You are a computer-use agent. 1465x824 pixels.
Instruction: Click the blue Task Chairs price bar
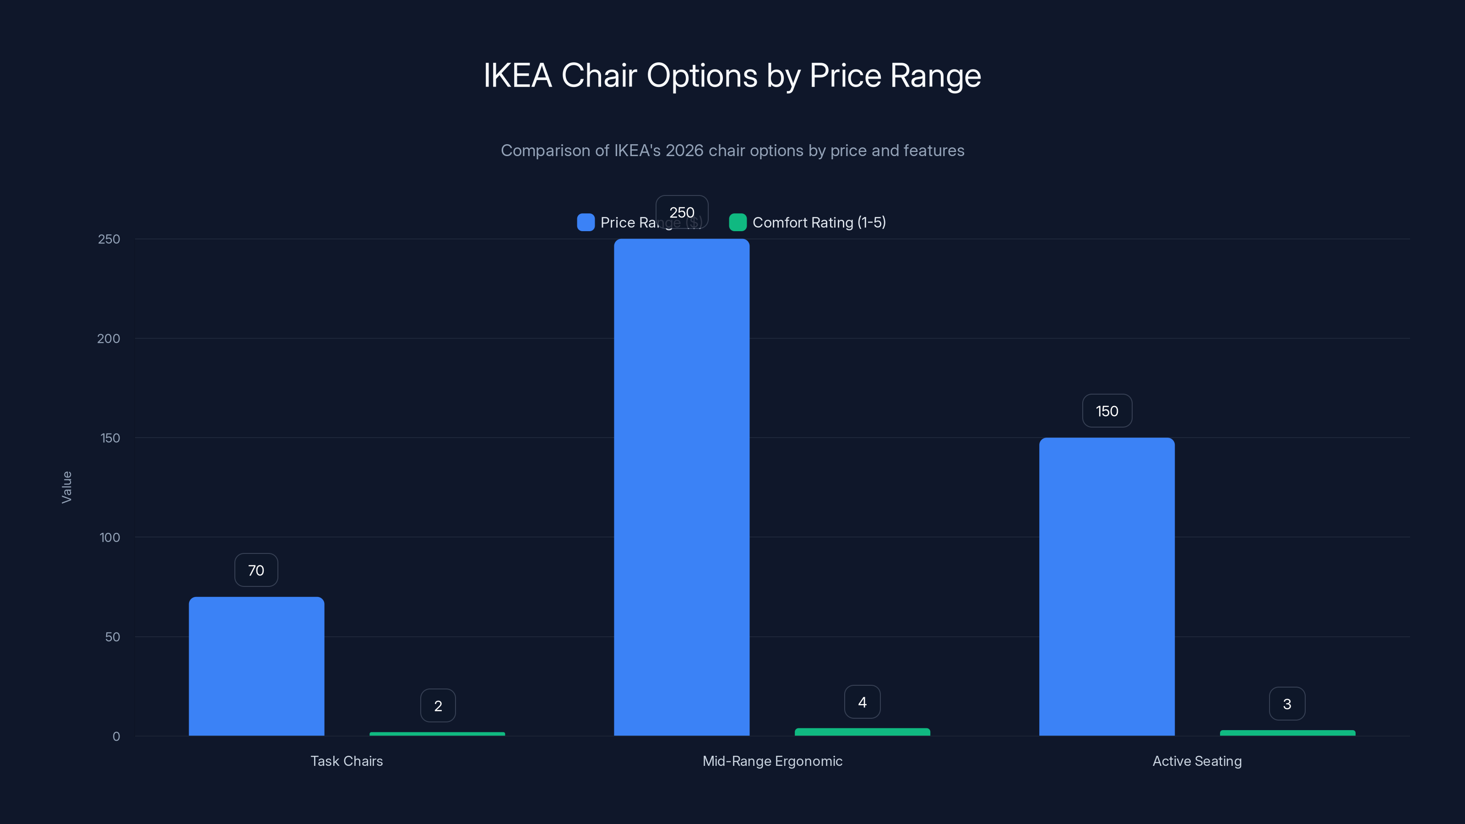(256, 666)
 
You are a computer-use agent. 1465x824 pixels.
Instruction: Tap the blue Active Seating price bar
(1107, 586)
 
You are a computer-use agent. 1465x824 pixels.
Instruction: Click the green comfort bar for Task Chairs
(437, 733)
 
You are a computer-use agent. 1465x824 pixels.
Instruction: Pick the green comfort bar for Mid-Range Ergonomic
(862, 732)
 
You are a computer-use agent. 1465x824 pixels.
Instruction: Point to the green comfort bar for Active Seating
(1287, 732)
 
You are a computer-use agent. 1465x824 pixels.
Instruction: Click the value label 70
(256, 570)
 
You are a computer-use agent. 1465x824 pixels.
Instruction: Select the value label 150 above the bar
(1107, 411)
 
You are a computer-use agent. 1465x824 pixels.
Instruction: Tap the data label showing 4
(862, 702)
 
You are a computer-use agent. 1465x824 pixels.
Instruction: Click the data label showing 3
(1287, 704)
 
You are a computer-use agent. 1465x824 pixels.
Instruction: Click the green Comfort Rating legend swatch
(738, 222)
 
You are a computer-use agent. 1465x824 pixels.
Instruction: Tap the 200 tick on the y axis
(109, 339)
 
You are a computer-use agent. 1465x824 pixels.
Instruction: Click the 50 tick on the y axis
(113, 637)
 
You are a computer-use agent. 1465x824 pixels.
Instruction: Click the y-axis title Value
(66, 488)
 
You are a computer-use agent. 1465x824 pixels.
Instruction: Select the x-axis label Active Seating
(1197, 761)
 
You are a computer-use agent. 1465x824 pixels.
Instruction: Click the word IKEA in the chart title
(517, 76)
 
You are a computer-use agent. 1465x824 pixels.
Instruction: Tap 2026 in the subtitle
(684, 151)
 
